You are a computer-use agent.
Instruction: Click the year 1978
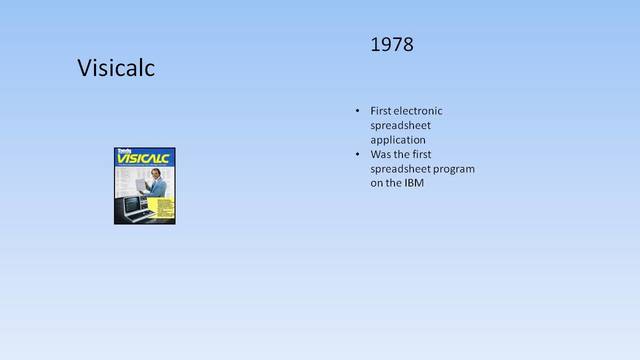point(391,46)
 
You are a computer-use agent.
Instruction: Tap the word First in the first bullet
point(380,110)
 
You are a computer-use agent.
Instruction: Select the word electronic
point(421,110)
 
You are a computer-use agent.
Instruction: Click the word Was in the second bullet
point(380,155)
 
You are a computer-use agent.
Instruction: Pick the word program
point(451,169)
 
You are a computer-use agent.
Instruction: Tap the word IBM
point(413,183)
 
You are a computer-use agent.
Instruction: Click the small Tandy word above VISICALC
point(124,151)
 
